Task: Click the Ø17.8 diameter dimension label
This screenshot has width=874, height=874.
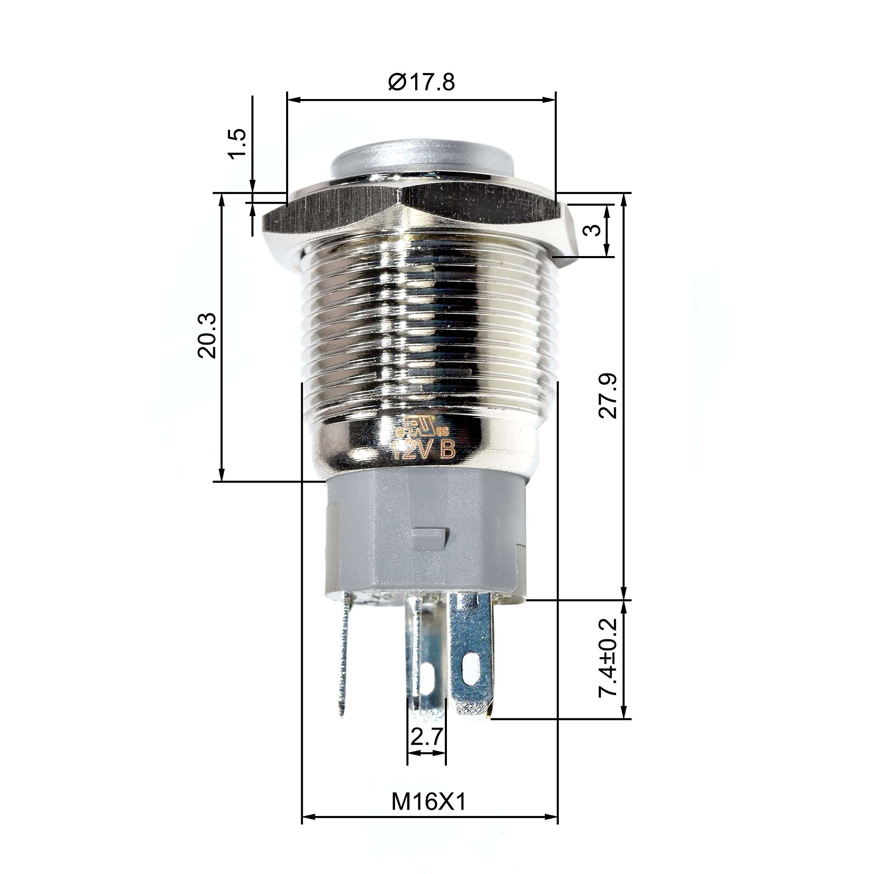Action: (421, 82)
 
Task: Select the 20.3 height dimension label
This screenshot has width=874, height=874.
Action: (207, 335)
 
